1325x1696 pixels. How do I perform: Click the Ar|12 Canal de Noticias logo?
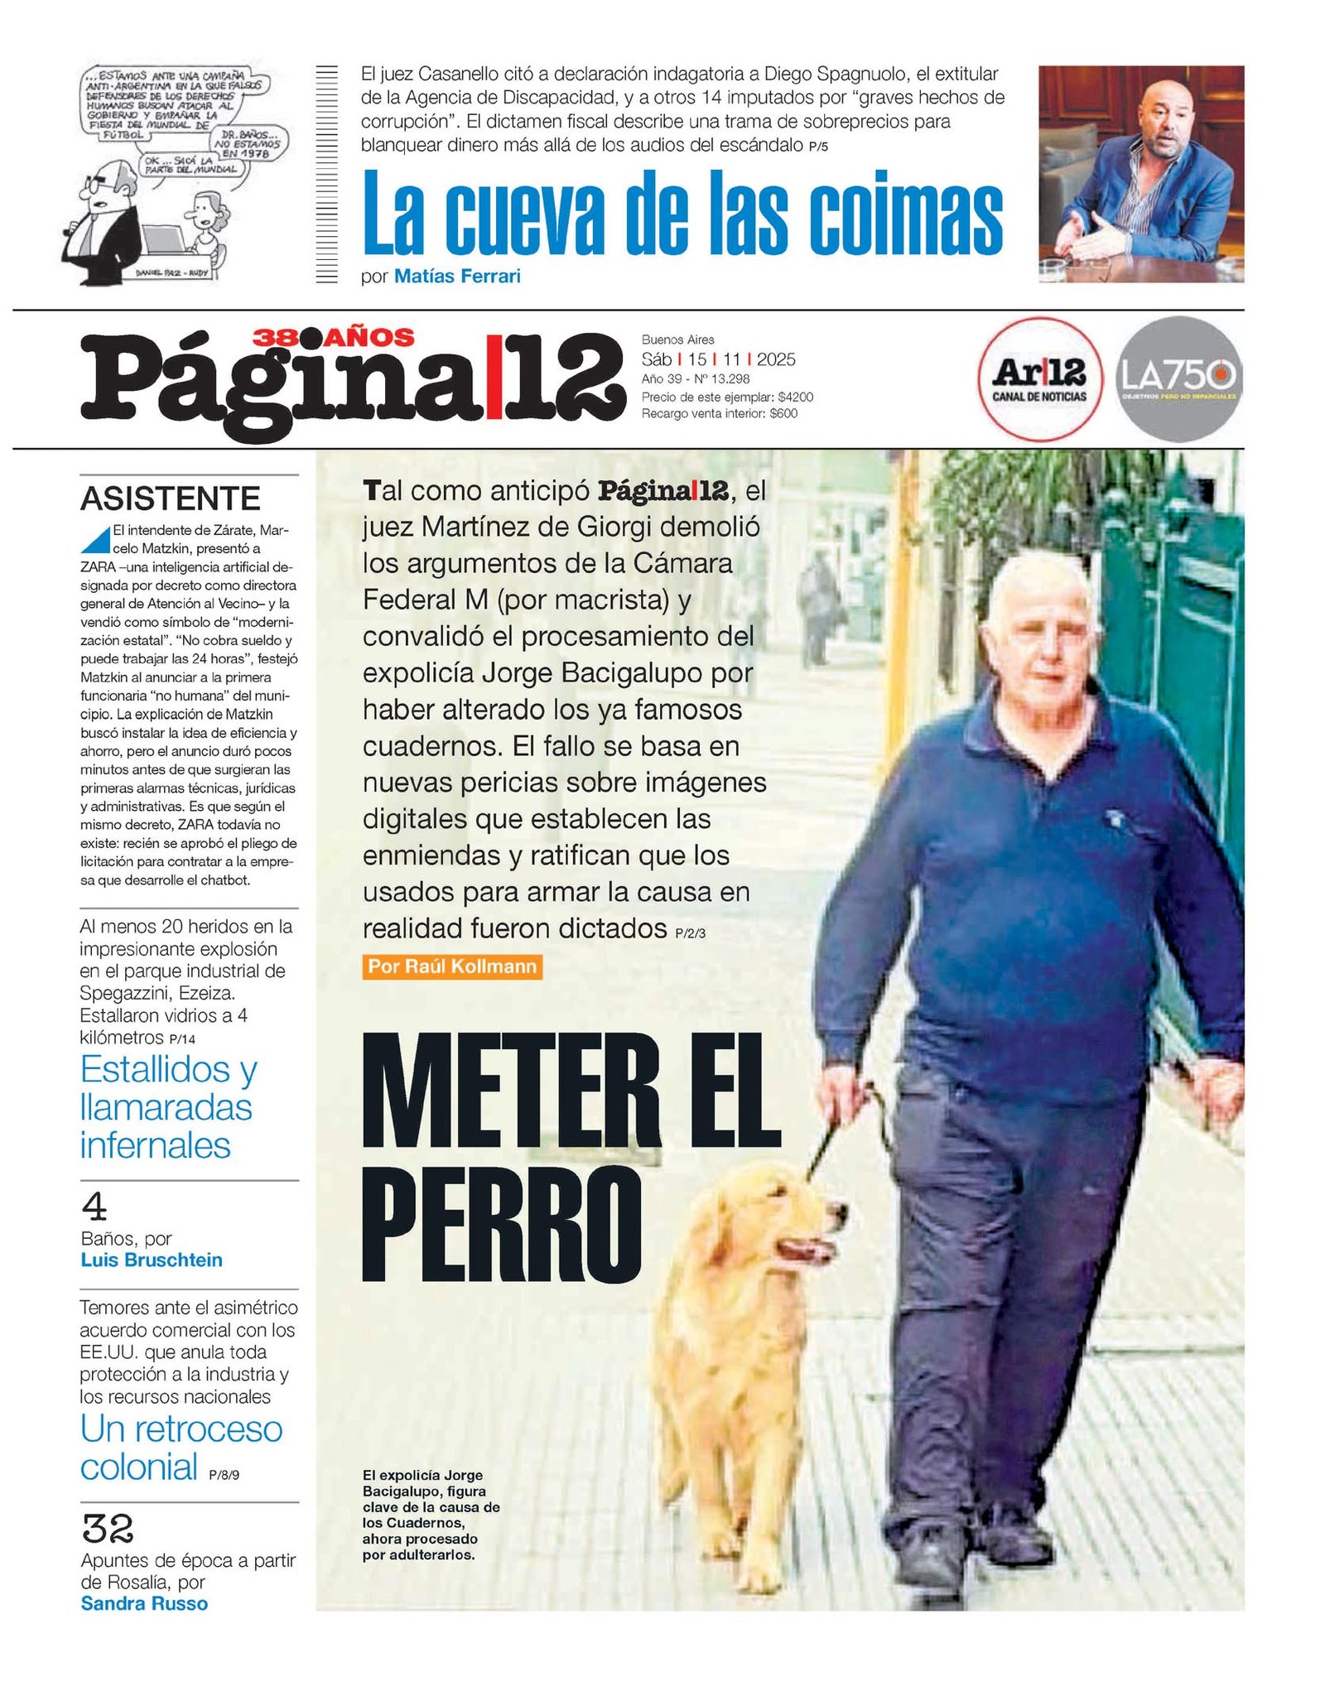point(1039,378)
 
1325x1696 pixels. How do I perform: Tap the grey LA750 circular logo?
point(1178,378)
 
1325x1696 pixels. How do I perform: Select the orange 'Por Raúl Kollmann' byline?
point(452,966)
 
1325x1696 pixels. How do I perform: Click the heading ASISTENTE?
point(170,499)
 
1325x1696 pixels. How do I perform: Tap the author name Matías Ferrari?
point(457,277)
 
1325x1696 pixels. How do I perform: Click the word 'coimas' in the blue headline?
point(905,215)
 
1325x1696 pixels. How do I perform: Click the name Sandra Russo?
point(144,1603)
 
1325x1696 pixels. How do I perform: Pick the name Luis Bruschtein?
point(152,1260)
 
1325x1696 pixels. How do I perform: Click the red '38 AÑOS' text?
point(333,337)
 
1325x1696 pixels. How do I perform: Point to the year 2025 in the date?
point(776,359)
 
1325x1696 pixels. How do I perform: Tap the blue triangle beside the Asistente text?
point(96,540)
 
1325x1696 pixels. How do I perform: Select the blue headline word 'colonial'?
point(138,1467)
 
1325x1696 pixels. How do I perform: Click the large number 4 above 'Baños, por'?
point(94,1207)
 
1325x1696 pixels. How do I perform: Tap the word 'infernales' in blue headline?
point(155,1145)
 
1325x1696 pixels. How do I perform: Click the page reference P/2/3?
point(690,933)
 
